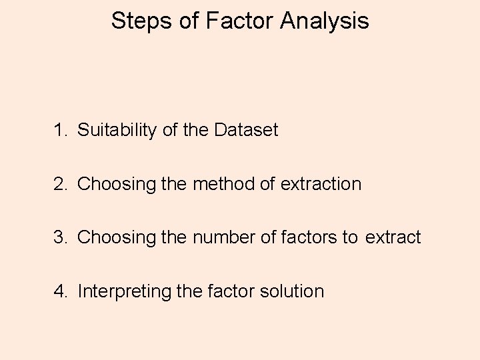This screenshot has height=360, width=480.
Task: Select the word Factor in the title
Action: coord(239,21)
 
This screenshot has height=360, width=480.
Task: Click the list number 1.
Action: coord(60,130)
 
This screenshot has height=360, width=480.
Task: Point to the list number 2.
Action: coord(60,184)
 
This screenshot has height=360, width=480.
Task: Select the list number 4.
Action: coord(60,292)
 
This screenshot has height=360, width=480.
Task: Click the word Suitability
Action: coord(117,130)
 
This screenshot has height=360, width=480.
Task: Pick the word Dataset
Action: coord(246,130)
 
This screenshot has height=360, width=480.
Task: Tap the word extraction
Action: coord(320,184)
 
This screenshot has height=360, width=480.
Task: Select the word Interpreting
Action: coord(124,292)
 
